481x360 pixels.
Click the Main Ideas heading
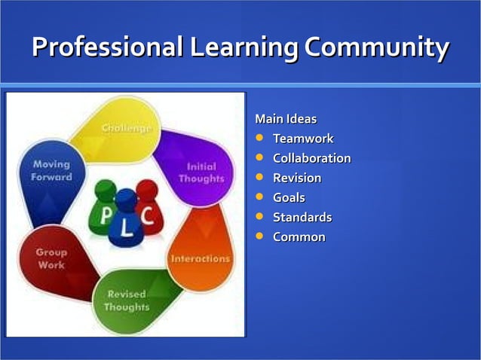click(286, 119)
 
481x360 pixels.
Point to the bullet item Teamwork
click(302, 139)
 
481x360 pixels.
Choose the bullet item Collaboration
click(311, 158)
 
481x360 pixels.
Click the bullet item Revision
click(296, 178)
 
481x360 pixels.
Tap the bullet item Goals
click(289, 197)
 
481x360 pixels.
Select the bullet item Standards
click(302, 217)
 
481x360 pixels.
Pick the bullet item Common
click(299, 236)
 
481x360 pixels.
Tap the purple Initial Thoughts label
click(201, 172)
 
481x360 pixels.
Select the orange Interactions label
click(201, 258)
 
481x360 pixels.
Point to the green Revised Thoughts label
click(127, 301)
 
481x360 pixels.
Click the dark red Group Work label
click(51, 258)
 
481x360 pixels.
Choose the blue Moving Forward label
click(51, 170)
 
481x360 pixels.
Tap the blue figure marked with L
click(126, 220)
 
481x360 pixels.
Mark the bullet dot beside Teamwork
click(260, 139)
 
